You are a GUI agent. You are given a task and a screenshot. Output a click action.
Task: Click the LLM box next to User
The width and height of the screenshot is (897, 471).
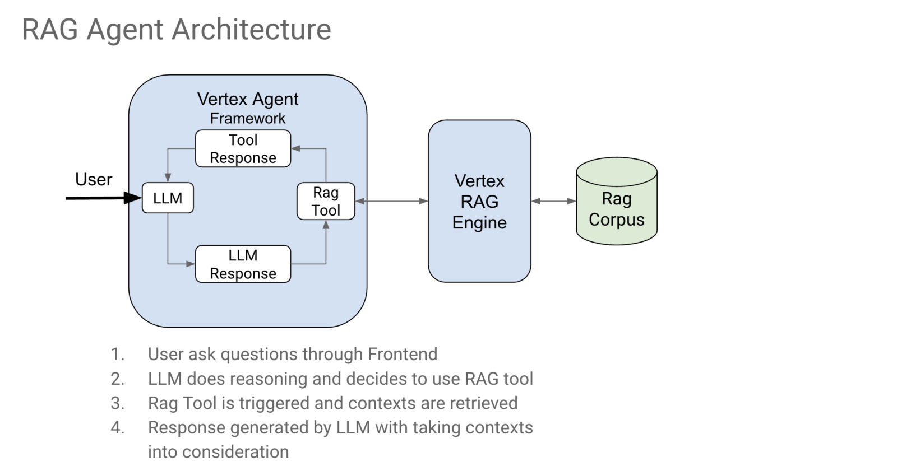click(x=168, y=198)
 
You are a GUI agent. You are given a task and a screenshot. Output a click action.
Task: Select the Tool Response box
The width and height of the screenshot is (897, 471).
click(x=243, y=148)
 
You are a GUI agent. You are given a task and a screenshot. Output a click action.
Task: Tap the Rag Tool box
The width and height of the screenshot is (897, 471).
click(x=326, y=201)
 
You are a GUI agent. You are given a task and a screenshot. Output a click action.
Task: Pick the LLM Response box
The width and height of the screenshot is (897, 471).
click(x=243, y=264)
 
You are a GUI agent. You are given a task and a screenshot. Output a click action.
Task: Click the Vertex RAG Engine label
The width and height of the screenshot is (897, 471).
click(x=479, y=202)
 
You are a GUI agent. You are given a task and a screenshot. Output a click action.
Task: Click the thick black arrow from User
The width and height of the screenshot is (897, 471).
click(x=101, y=198)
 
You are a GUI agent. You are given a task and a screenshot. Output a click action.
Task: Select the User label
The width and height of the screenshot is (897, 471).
click(x=94, y=179)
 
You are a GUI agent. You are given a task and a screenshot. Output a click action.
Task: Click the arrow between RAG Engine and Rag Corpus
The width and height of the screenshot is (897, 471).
click(x=553, y=201)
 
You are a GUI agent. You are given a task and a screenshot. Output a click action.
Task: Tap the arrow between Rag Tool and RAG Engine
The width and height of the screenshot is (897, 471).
click(x=392, y=201)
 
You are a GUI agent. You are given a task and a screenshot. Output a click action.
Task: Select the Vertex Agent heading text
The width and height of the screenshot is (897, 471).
click(x=248, y=99)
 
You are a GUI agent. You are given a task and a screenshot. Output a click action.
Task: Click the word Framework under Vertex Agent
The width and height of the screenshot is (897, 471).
click(x=248, y=118)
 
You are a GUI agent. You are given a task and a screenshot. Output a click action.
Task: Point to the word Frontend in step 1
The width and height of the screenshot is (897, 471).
click(x=402, y=354)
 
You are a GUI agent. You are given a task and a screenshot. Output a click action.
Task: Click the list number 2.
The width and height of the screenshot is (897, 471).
click(x=117, y=379)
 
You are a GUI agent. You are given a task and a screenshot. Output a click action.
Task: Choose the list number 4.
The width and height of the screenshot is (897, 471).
click(x=117, y=427)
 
